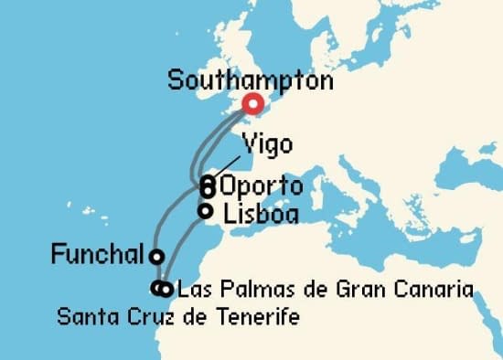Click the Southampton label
pos(250,80)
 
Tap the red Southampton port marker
pos(251,104)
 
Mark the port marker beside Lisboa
pos(206,211)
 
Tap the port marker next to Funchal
pos(157,257)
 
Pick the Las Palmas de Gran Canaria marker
pos(166,291)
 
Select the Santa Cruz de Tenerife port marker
pos(157,289)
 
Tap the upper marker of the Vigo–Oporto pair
pos(208,181)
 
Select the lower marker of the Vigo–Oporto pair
pos(208,191)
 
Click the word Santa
pos(80,317)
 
